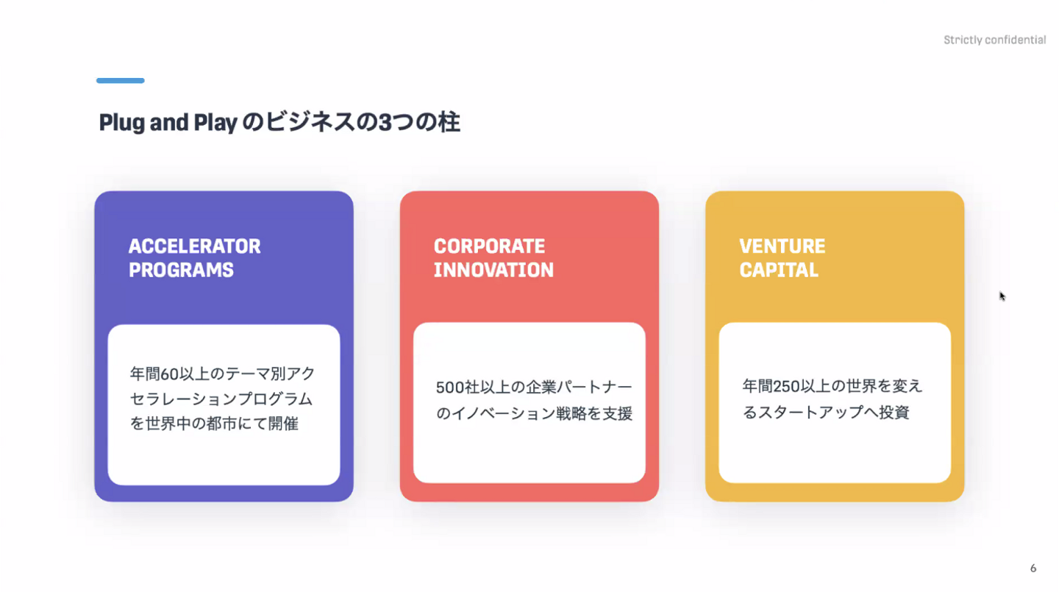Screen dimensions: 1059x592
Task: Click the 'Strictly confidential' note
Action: click(x=995, y=40)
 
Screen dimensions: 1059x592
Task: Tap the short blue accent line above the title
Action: click(x=121, y=80)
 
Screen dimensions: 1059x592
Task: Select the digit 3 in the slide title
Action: click(x=385, y=123)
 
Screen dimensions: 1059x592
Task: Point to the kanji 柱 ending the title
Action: click(x=449, y=122)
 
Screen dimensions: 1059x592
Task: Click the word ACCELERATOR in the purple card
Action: click(x=194, y=246)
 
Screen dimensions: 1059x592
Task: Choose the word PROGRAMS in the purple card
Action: click(x=181, y=270)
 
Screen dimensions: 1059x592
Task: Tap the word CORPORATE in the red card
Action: click(x=489, y=246)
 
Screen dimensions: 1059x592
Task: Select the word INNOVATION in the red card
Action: click(x=493, y=270)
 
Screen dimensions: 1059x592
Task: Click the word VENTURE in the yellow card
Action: click(x=782, y=246)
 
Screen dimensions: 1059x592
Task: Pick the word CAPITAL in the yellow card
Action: click(x=779, y=270)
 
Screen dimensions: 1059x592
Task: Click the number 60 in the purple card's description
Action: click(x=169, y=374)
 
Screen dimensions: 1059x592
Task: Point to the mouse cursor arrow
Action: click(x=1002, y=296)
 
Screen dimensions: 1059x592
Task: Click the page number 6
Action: click(x=1033, y=568)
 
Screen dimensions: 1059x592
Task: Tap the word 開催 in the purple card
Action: click(x=283, y=424)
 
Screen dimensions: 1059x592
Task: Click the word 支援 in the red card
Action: click(x=617, y=414)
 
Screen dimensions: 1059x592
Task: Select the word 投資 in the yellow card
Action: click(x=894, y=413)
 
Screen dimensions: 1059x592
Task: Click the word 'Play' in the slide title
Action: click(x=215, y=123)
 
